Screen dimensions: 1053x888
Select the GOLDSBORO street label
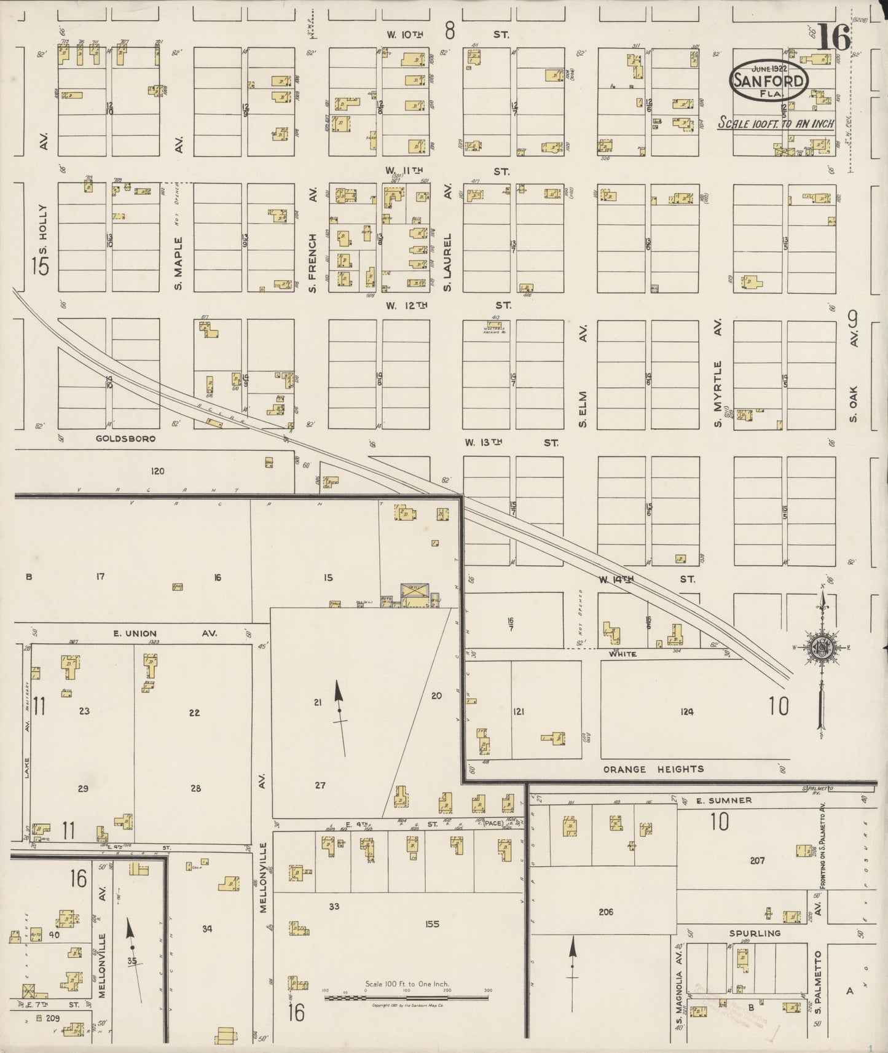tap(125, 439)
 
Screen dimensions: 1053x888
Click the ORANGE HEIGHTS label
tap(653, 769)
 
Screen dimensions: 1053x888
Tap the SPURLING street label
tap(755, 933)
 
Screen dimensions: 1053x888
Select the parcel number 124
tap(686, 711)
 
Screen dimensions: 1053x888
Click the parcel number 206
tap(605, 912)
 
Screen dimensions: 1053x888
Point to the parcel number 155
tap(432, 923)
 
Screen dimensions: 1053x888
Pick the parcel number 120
tap(158, 471)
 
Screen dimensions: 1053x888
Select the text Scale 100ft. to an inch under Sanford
tap(776, 124)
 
